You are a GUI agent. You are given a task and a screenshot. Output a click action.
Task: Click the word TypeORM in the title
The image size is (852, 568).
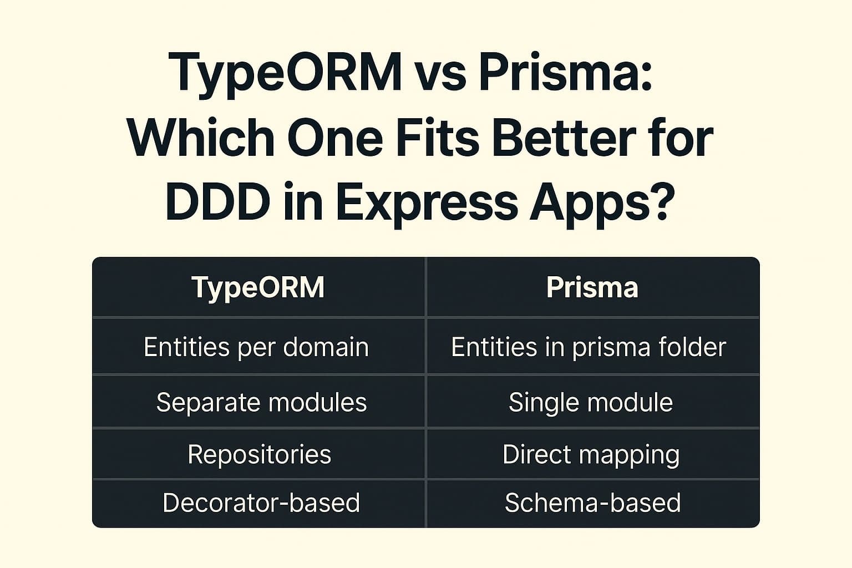[287, 74]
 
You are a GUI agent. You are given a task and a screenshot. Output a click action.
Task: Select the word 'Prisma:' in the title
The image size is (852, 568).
[565, 74]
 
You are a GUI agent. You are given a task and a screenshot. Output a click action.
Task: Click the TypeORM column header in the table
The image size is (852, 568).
[258, 287]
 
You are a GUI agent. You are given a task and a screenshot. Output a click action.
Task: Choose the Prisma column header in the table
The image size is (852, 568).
[592, 287]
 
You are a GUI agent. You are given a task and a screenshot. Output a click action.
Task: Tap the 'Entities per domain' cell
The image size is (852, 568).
[256, 347]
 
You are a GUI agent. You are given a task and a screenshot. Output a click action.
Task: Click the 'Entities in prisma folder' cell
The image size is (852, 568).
[589, 347]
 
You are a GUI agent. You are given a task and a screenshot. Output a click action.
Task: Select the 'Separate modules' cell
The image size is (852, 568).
[261, 402]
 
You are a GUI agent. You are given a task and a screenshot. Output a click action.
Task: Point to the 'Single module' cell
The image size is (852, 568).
[591, 402]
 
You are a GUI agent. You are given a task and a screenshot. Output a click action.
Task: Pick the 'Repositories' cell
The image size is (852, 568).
[260, 454]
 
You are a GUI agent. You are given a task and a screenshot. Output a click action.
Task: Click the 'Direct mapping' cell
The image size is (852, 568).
[591, 454]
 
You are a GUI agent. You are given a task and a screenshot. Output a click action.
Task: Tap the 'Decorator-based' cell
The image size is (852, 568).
[261, 503]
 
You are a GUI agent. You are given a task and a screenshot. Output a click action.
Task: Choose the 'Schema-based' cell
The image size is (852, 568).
[592, 503]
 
